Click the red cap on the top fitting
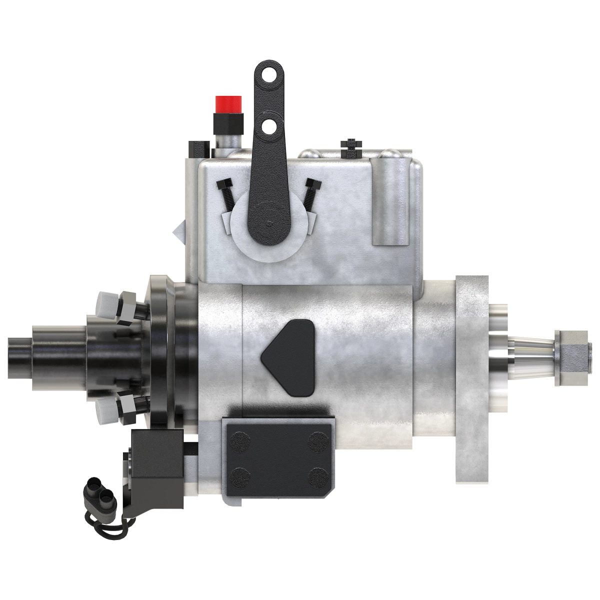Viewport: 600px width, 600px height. (x=229, y=104)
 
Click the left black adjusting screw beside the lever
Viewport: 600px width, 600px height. (x=225, y=194)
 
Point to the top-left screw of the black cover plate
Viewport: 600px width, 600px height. (x=240, y=440)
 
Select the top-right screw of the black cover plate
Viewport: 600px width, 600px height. (x=317, y=440)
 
